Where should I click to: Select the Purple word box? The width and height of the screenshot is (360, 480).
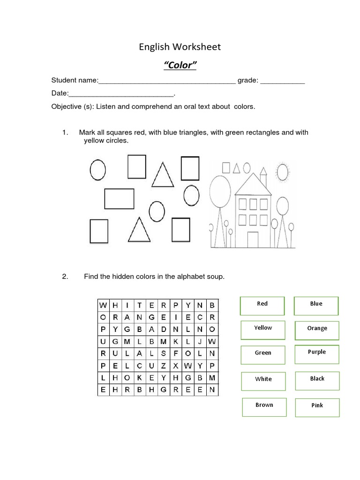[317, 353]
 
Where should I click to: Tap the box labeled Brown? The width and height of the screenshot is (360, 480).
[264, 406]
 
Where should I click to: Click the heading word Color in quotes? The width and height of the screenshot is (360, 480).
[180, 65]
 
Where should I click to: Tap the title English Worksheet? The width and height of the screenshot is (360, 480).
[180, 47]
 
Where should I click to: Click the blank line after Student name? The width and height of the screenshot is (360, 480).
[167, 82]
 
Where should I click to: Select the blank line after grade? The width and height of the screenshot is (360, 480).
[282, 82]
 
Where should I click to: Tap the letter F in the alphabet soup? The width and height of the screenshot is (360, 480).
[176, 353]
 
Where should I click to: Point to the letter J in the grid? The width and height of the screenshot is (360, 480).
[200, 341]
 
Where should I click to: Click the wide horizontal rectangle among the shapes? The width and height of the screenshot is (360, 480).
[119, 198]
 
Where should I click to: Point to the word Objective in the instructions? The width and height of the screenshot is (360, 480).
[66, 106]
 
